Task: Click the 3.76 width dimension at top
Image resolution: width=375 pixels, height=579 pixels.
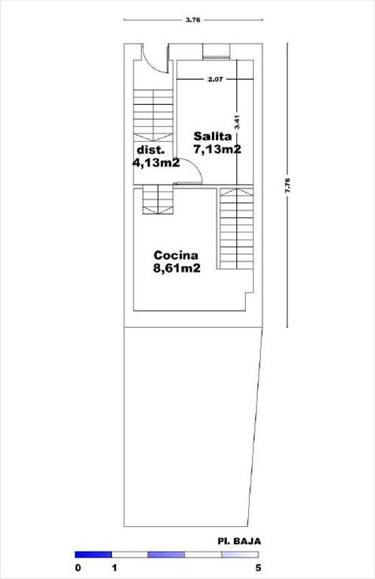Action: pyautogui.click(x=193, y=20)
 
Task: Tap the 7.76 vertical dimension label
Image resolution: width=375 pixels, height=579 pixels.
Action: pyautogui.click(x=288, y=185)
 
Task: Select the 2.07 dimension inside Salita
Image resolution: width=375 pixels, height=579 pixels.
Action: pyautogui.click(x=215, y=79)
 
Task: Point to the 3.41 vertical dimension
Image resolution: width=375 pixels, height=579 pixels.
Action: pyautogui.click(x=238, y=122)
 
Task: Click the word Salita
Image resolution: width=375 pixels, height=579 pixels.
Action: pyautogui.click(x=213, y=136)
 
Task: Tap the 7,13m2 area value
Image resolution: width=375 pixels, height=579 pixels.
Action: pyautogui.click(x=217, y=149)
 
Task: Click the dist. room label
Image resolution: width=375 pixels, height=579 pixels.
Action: pyautogui.click(x=150, y=150)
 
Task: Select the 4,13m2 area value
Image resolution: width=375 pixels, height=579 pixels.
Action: pyautogui.click(x=156, y=163)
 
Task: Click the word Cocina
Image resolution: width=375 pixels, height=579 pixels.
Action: pyautogui.click(x=176, y=255)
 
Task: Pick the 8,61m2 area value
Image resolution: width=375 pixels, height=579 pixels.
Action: pyautogui.click(x=177, y=268)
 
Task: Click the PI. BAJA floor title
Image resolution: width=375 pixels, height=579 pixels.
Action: pyautogui.click(x=239, y=541)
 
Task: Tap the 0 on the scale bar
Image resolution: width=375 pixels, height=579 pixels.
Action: pyautogui.click(x=78, y=568)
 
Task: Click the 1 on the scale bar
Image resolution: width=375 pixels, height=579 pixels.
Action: pyautogui.click(x=115, y=568)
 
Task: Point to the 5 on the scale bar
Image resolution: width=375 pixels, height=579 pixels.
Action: pyautogui.click(x=258, y=568)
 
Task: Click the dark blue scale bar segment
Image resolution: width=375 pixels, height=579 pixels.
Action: pyautogui.click(x=93, y=555)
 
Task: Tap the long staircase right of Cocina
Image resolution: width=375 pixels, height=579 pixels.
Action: pyautogui.click(x=236, y=228)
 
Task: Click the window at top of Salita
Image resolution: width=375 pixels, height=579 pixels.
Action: pyautogui.click(x=217, y=51)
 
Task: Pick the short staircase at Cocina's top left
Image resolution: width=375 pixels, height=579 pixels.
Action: pyautogui.click(x=158, y=199)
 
